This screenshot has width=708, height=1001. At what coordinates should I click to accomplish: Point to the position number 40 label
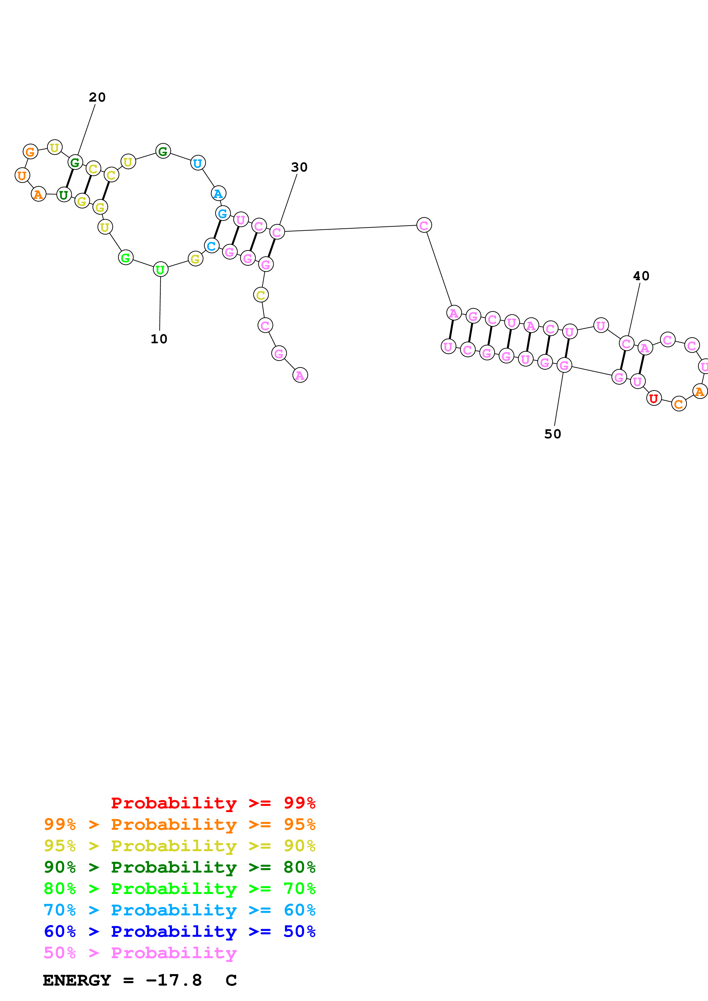[641, 276]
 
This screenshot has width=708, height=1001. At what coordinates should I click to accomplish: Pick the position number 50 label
[552, 434]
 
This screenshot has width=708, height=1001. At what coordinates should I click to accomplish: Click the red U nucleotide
[653, 398]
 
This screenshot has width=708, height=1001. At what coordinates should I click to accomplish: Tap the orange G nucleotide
[30, 152]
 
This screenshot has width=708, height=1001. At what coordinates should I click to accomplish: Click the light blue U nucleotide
[198, 163]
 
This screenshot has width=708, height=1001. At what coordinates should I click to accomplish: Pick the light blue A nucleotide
[218, 193]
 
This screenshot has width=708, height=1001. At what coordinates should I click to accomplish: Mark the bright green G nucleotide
[126, 258]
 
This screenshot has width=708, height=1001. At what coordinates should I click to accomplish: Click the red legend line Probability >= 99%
[213, 803]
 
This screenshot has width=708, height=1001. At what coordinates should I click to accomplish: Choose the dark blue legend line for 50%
[179, 931]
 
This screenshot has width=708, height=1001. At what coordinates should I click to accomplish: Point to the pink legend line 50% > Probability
[140, 952]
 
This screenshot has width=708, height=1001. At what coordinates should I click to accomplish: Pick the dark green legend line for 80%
[179, 867]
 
